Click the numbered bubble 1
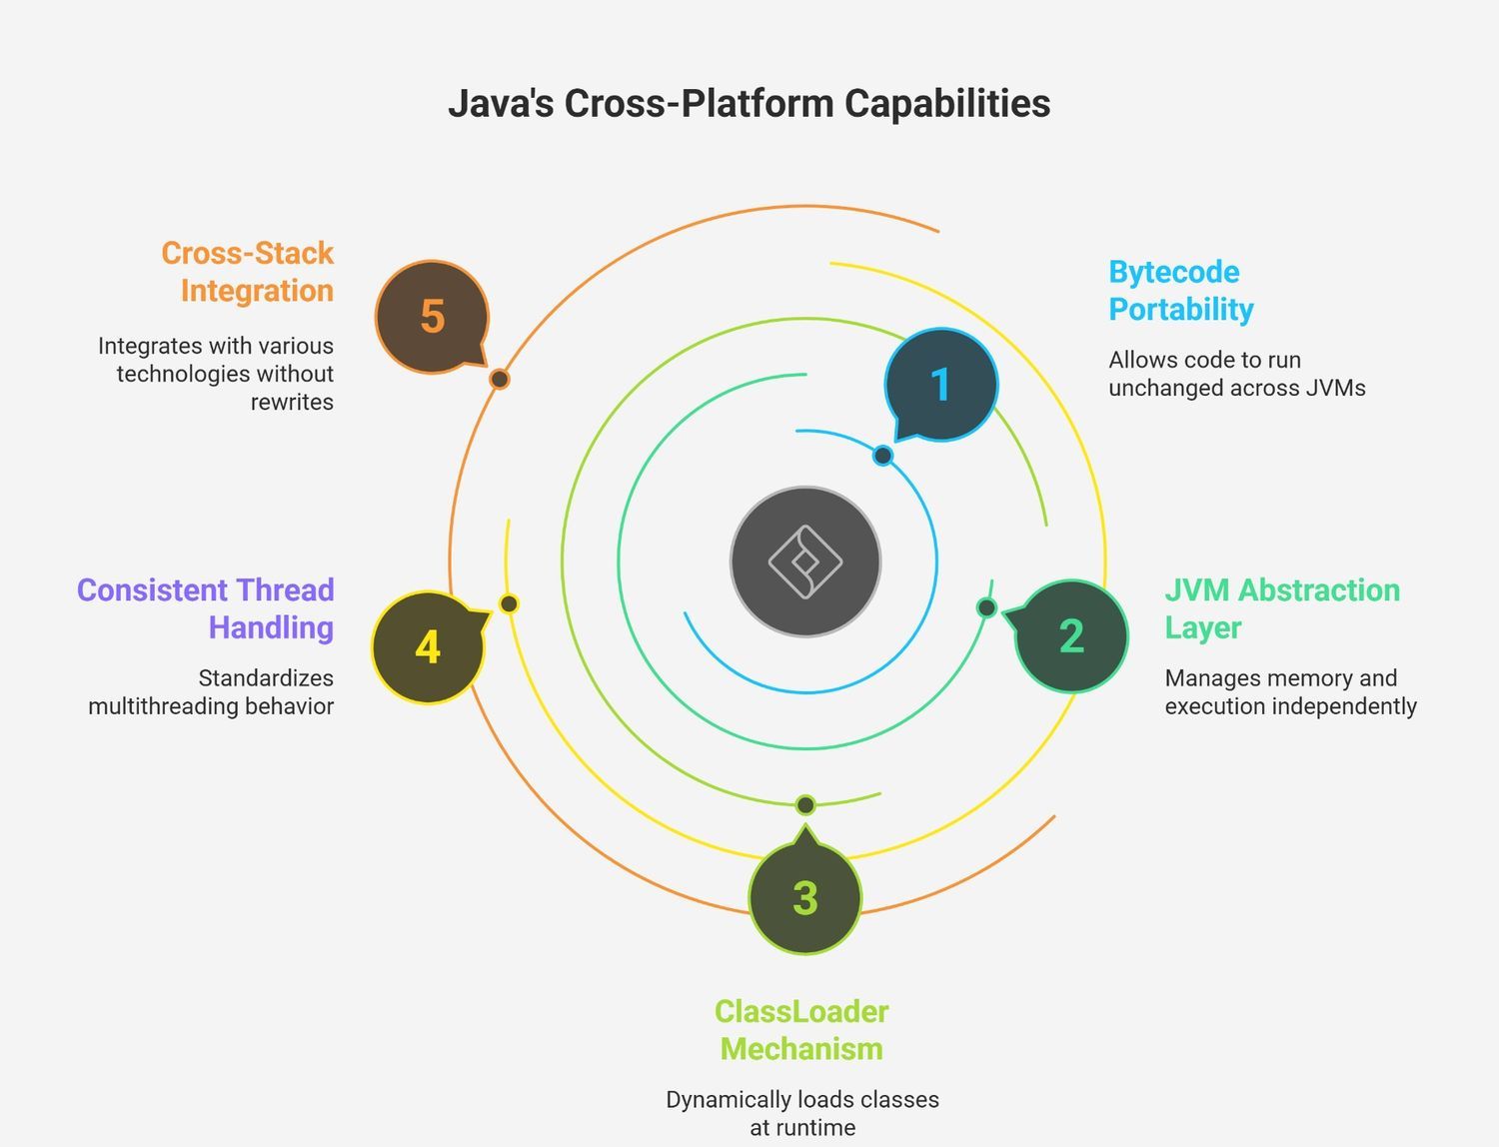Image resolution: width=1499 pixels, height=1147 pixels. [941, 385]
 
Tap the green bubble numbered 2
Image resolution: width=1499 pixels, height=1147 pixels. [1071, 636]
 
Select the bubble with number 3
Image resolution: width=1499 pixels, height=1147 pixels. [805, 897]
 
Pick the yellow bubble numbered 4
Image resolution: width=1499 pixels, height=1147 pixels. [428, 647]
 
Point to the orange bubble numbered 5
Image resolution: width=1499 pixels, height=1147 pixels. [432, 316]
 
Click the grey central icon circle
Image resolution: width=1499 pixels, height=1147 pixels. [805, 562]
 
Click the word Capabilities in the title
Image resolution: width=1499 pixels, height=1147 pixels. [947, 104]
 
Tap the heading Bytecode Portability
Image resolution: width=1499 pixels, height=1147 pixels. [1181, 290]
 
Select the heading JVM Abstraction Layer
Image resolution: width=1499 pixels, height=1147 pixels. [1282, 608]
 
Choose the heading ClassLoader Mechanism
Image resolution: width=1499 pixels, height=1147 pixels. [801, 1029]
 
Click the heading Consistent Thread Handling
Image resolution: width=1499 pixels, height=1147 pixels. [206, 608]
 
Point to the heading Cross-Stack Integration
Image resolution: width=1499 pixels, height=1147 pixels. [247, 272]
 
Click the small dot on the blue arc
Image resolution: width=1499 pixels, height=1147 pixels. [882, 456]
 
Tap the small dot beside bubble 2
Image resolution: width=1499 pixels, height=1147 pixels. [986, 606]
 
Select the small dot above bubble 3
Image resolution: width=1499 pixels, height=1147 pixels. [805, 805]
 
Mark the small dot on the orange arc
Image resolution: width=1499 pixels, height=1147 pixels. [500, 379]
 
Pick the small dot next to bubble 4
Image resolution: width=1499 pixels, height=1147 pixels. [509, 603]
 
